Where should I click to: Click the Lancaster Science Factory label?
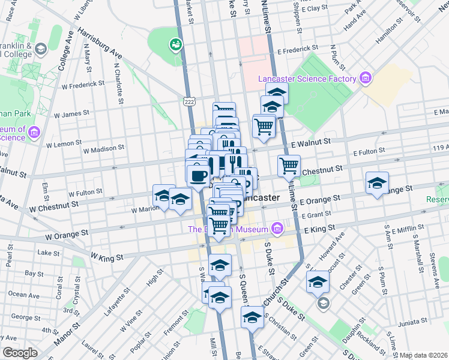click(307, 79)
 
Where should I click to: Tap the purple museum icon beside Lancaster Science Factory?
click(364, 78)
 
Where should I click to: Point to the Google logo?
click(20, 353)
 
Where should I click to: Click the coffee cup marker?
click(198, 175)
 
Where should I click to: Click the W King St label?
click(107, 256)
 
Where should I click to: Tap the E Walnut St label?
click(311, 142)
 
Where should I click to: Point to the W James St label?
click(71, 112)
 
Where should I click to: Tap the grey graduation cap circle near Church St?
click(324, 303)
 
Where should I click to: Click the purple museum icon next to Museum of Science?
click(34, 131)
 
